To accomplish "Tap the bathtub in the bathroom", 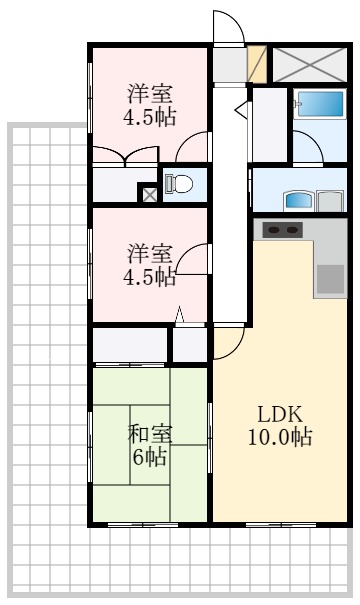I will point(318,104).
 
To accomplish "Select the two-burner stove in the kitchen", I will point(284,230).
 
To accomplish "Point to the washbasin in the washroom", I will point(298,200).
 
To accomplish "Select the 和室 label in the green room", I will point(149,434).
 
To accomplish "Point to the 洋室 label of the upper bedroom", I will point(149,94).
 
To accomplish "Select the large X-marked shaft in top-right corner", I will point(309,64).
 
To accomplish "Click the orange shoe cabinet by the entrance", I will point(256,64).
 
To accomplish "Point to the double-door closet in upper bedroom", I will point(125,155).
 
